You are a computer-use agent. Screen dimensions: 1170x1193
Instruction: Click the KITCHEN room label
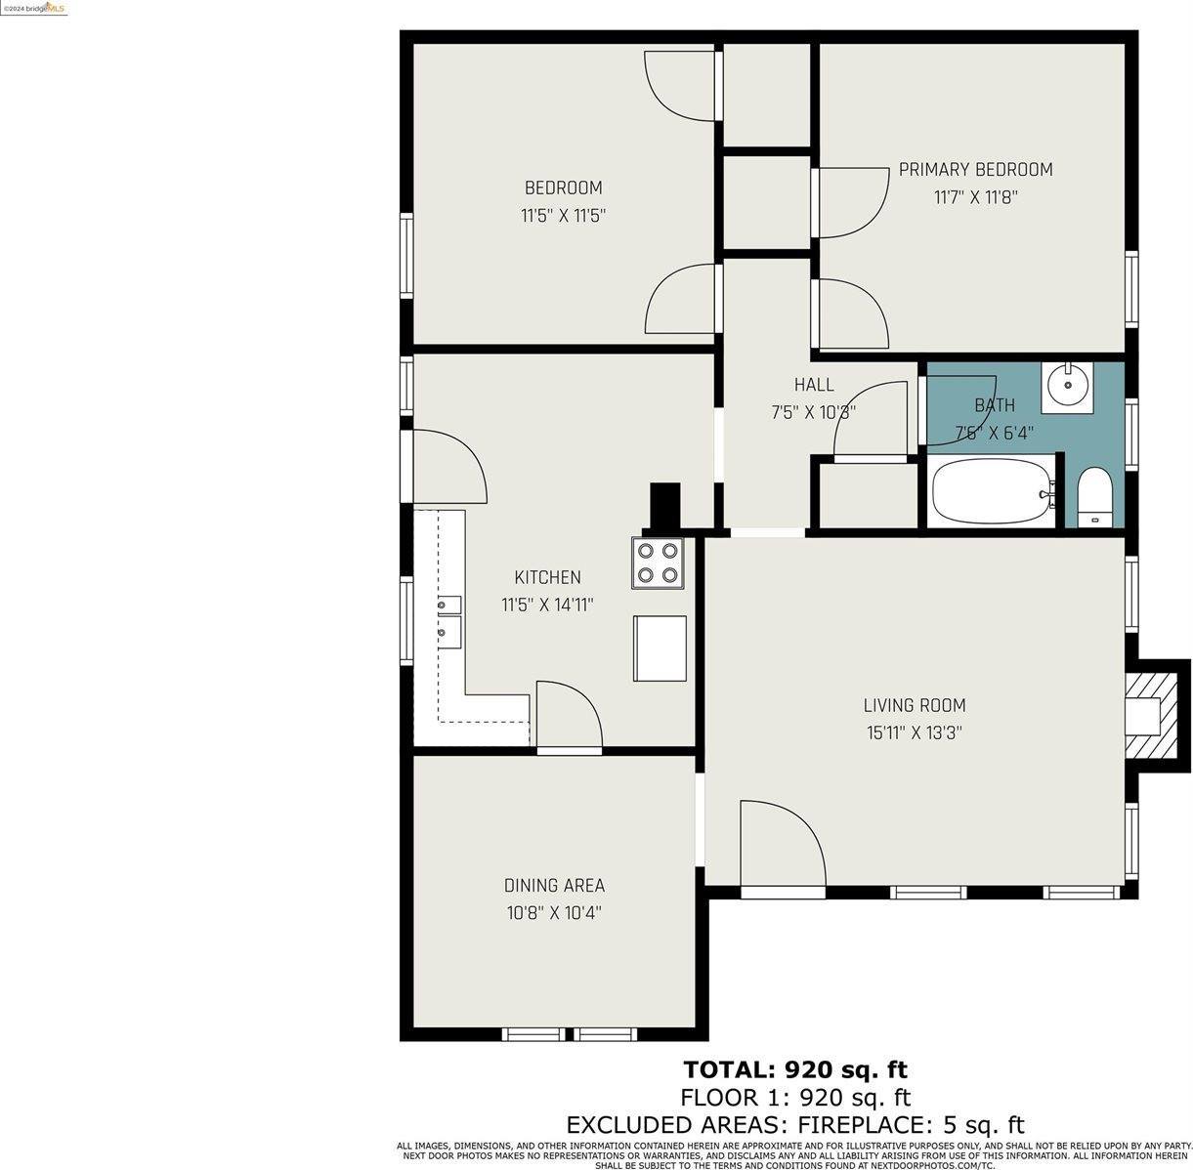547,577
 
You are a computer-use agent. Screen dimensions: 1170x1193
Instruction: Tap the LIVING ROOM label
914,705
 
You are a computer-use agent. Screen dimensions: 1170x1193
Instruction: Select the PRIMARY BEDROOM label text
975,170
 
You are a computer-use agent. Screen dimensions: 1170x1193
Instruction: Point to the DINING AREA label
554,886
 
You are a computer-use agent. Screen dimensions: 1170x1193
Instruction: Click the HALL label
813,385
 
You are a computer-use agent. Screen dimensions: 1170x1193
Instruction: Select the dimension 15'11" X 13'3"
914,732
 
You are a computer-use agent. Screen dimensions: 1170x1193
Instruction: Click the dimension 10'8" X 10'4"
554,913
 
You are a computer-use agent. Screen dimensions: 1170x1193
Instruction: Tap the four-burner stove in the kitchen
658,563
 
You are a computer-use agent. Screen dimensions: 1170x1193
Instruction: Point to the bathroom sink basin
1068,385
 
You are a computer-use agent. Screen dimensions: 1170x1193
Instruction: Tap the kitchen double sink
449,619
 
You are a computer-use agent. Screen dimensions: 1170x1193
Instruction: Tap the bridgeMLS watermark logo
34,8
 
